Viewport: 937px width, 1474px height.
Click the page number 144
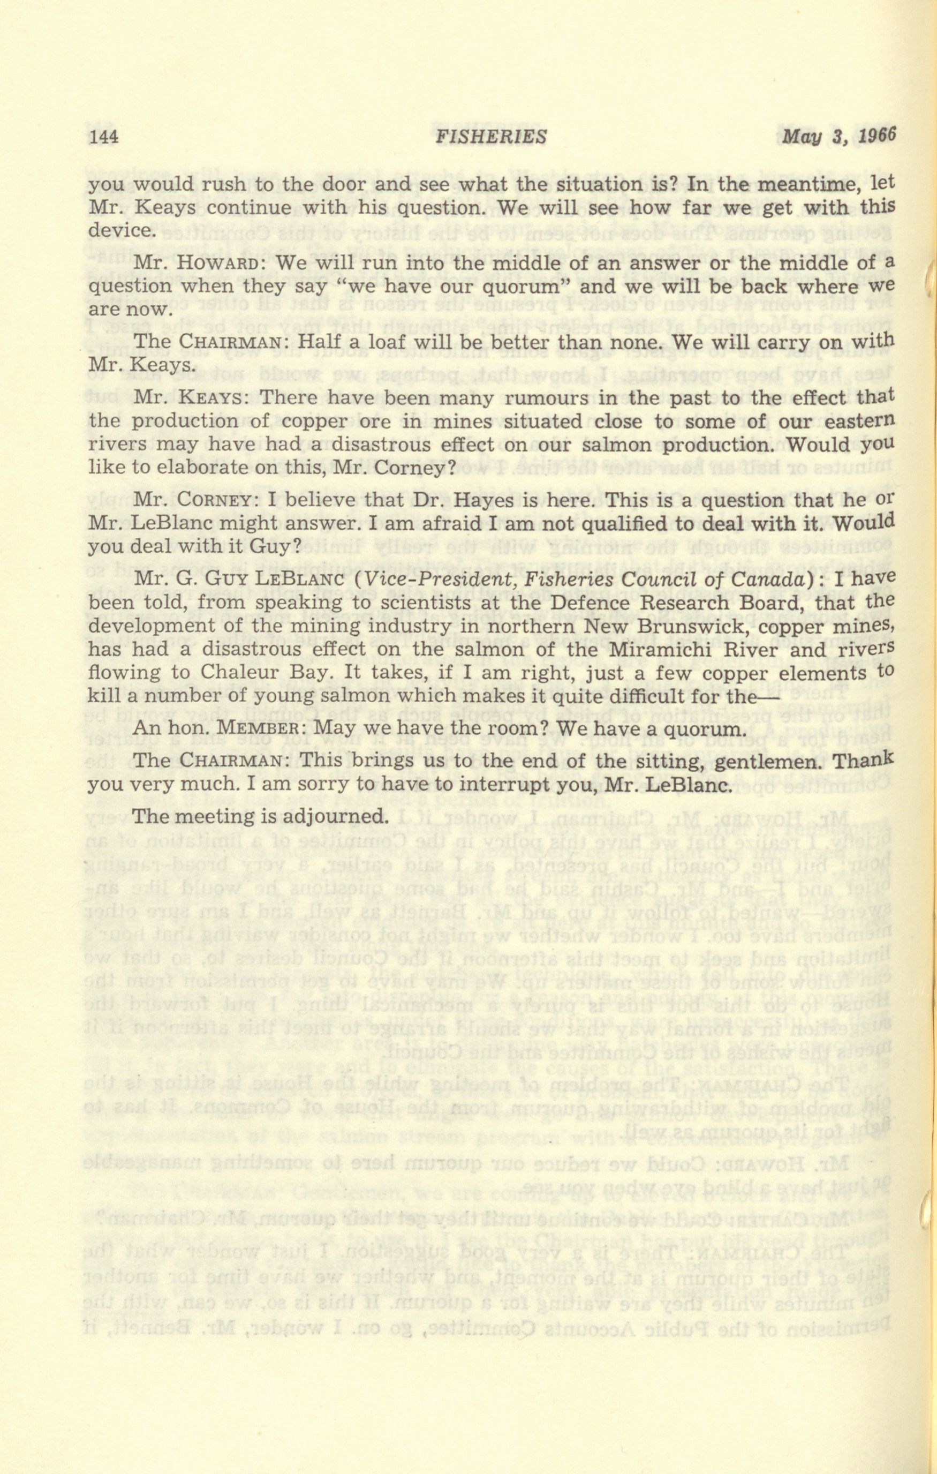pos(103,137)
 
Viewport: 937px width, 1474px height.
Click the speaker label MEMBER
pos(256,730)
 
